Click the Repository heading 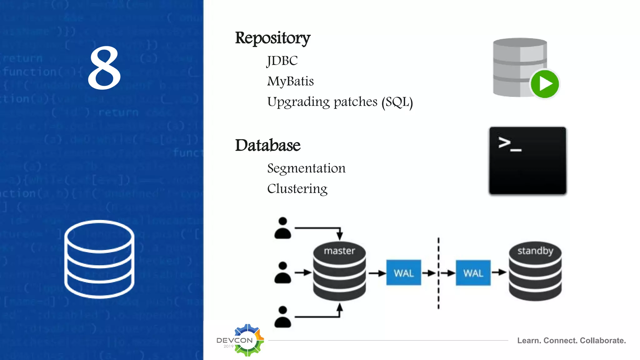pyautogui.click(x=272, y=38)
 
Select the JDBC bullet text pyautogui.click(x=282, y=61)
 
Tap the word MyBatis pyautogui.click(x=290, y=81)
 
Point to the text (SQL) pyautogui.click(x=397, y=102)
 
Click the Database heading pyautogui.click(x=267, y=145)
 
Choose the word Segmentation pyautogui.click(x=306, y=168)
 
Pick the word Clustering pyautogui.click(x=297, y=189)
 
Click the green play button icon pyautogui.click(x=545, y=84)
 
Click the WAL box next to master pyautogui.click(x=403, y=273)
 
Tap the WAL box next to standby pyautogui.click(x=473, y=273)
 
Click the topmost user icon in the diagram pyautogui.click(x=282, y=228)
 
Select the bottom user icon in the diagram pyautogui.click(x=282, y=317)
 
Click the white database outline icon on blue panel pyautogui.click(x=99, y=259)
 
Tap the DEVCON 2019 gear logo pyautogui.click(x=247, y=340)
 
